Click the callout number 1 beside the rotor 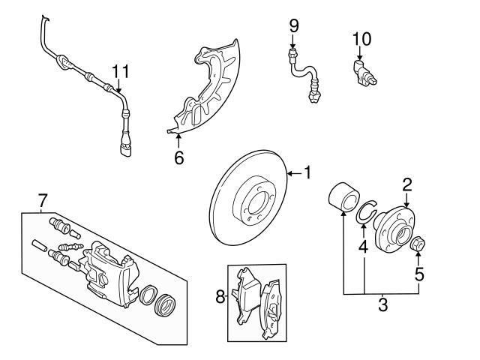click(306, 173)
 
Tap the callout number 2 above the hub click(407, 184)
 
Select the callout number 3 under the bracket click(382, 304)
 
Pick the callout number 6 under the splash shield click(178, 158)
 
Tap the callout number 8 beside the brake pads click(220, 297)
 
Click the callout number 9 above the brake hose click(294, 26)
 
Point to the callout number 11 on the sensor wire click(121, 71)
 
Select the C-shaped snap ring click(365, 211)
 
